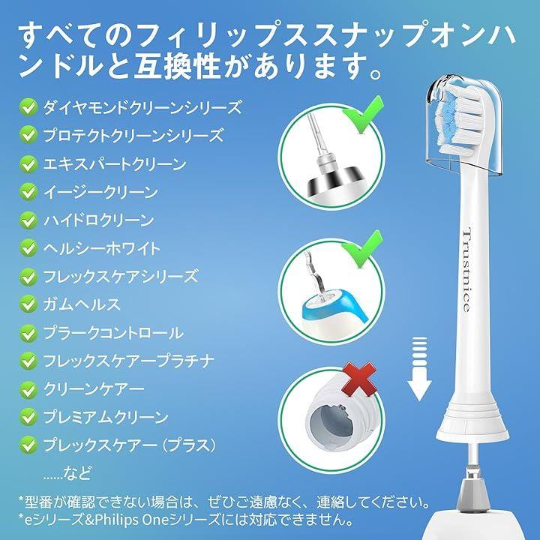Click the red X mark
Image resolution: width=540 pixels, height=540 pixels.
tap(358, 379)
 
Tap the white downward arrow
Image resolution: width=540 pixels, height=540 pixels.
tap(419, 369)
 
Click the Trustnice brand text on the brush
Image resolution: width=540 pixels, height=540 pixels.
tap(466, 270)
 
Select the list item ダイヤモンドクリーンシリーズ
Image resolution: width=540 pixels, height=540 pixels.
tap(142, 107)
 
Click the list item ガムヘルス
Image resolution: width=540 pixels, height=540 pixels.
tap(82, 304)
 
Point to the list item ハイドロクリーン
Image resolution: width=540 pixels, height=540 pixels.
tap(98, 220)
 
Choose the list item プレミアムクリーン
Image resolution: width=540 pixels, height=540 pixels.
tap(106, 417)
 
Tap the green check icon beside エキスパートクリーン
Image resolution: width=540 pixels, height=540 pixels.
tap(28, 164)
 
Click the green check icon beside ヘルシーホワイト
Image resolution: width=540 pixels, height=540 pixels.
tap(28, 248)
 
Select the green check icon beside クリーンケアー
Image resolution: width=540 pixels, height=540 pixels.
tap(28, 389)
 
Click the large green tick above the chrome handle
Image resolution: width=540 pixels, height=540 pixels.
tap(362, 115)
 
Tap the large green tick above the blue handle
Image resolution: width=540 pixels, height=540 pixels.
tap(361, 249)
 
